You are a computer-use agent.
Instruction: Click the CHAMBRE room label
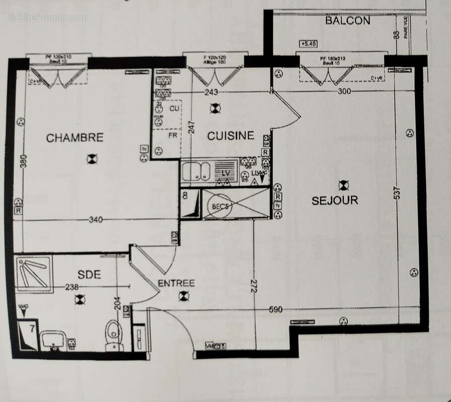point(75,138)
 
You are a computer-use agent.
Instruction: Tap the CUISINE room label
point(231,136)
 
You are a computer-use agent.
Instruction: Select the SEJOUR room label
point(335,200)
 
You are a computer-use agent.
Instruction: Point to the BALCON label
point(347,21)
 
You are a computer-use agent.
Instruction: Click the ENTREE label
point(176,283)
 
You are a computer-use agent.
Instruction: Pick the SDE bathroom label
point(89,274)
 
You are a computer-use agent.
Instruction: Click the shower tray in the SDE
point(34,274)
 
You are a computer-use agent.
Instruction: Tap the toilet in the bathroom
point(114,334)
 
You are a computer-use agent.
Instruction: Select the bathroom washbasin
point(53,340)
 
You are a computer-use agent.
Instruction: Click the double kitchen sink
point(196,171)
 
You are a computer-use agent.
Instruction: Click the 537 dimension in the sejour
point(397,194)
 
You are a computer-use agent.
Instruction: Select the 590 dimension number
point(275,310)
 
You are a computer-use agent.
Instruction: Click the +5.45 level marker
point(308,44)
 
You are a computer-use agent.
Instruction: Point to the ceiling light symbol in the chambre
point(92,159)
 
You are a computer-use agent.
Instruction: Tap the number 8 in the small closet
point(185,196)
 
